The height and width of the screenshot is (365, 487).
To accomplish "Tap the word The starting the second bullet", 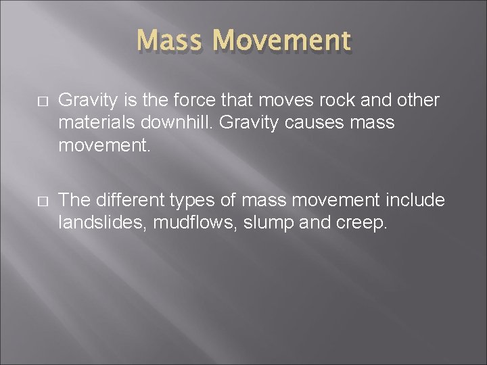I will point(74,200).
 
